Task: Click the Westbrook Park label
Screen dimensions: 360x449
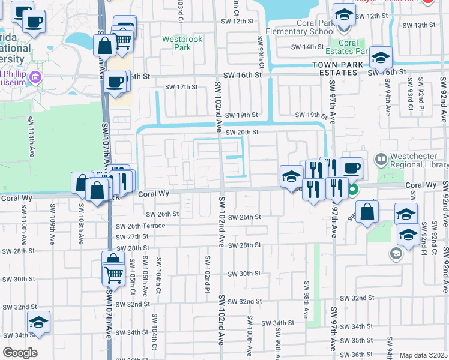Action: point(182,43)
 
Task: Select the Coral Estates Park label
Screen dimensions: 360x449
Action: point(349,47)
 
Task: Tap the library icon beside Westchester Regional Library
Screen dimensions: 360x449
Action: point(380,160)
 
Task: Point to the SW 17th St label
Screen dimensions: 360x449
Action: point(182,87)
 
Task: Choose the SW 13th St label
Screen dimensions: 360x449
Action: point(418,25)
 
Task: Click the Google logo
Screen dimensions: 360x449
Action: point(20,353)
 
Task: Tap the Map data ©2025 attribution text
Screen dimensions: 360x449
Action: point(423,355)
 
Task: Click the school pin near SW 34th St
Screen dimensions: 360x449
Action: point(38,323)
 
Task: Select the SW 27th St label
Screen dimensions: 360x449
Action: point(133,236)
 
